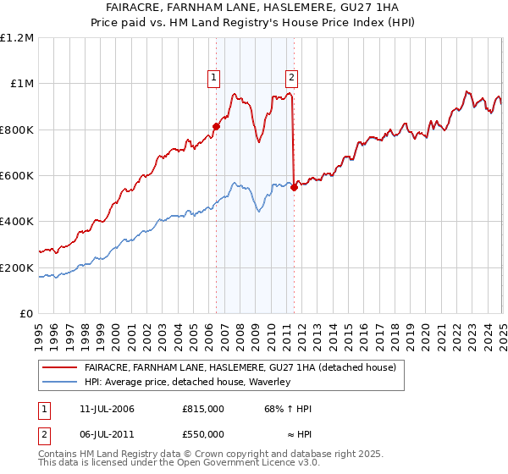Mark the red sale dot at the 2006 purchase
216,127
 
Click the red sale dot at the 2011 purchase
294,188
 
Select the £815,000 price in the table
202,409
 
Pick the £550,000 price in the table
202,433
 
